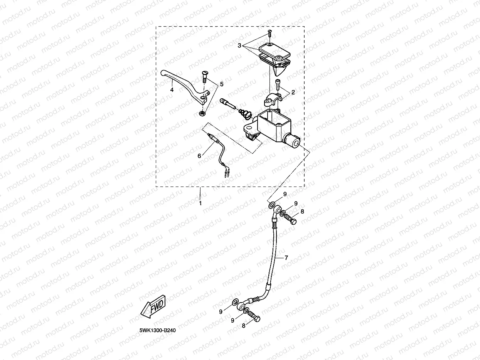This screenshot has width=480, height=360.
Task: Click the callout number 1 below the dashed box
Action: point(200,203)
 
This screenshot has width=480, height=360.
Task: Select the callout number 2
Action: point(293,93)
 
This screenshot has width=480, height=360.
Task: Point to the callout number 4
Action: point(172,90)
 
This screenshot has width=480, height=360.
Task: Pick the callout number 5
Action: point(221,84)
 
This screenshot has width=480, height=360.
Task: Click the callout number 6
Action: point(199,156)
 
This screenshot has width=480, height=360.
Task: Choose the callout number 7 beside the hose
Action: point(286,257)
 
